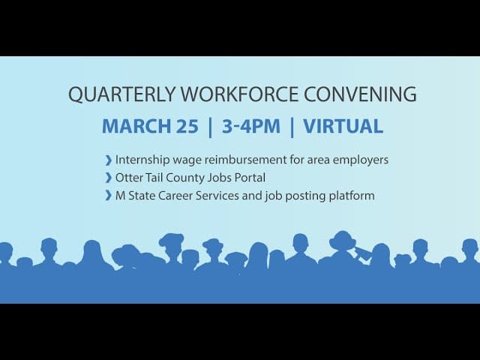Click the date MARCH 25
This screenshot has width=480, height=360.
click(x=150, y=126)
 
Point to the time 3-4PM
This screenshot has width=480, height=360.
click(x=251, y=126)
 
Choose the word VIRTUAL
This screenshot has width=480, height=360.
click(x=343, y=126)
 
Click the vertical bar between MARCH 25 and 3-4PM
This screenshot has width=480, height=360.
click(x=210, y=126)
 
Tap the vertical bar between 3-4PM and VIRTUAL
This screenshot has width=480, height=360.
click(x=292, y=126)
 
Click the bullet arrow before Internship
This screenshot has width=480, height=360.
click(x=109, y=160)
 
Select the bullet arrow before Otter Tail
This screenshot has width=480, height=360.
click(x=109, y=178)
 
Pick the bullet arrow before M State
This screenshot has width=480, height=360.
click(x=109, y=196)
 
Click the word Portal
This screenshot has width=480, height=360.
click(x=249, y=178)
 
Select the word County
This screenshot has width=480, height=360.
click(x=187, y=178)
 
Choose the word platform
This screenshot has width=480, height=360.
click(x=349, y=196)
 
